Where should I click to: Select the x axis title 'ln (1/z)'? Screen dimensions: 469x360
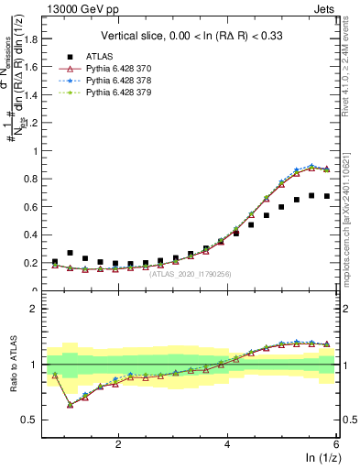[321, 458]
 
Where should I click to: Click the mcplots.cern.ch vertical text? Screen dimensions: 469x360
[352, 211]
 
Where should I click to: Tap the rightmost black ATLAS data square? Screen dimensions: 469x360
[327, 196]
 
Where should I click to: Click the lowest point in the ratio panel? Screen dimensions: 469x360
[71, 404]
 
